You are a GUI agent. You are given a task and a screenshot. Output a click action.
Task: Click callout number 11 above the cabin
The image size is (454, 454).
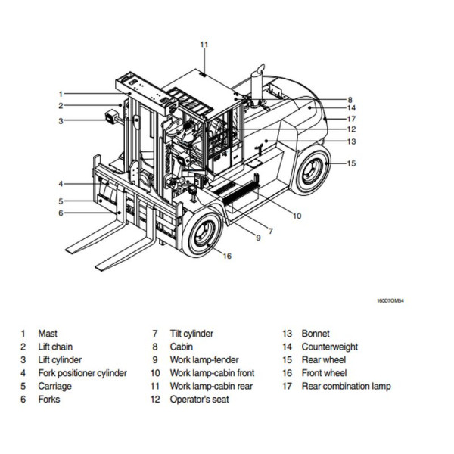click(x=204, y=45)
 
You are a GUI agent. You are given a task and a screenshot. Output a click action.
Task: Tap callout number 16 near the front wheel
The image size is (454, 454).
click(x=226, y=256)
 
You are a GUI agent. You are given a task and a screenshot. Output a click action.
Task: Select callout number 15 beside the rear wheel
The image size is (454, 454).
click(x=351, y=163)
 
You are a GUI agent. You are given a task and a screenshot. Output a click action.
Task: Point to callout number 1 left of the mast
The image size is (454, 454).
click(x=60, y=93)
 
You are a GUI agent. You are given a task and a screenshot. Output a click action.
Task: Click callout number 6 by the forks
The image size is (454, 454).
click(x=60, y=213)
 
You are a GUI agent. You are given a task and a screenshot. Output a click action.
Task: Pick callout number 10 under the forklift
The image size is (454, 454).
click(x=297, y=216)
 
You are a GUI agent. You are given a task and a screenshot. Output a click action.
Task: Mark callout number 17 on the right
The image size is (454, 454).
click(x=351, y=119)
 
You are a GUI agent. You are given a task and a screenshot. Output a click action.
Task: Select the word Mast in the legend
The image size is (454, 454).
click(x=48, y=334)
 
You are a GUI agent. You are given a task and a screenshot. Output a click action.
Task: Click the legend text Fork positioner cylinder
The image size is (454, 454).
click(x=82, y=373)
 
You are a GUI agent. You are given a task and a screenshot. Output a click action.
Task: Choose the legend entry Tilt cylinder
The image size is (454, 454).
click(x=191, y=334)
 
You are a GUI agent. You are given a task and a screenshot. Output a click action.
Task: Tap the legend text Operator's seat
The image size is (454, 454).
click(x=199, y=400)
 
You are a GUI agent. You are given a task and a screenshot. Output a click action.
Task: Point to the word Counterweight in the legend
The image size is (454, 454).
click(x=330, y=347)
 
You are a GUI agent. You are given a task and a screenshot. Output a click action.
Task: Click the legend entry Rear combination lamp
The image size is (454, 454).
click(x=347, y=387)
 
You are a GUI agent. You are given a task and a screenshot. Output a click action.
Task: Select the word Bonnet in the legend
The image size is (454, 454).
click(x=316, y=334)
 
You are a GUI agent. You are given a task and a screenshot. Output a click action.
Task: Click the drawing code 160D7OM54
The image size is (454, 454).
click(x=390, y=300)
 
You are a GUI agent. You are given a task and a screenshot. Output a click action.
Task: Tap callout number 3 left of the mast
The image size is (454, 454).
click(x=60, y=120)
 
